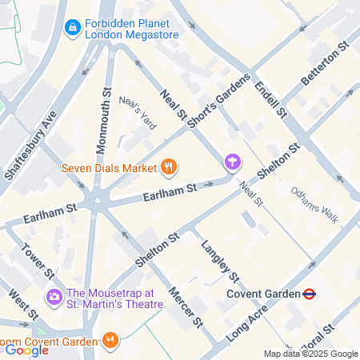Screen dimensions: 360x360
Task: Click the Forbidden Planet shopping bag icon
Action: coord(73,28)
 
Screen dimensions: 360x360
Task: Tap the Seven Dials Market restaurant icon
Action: coord(168,167)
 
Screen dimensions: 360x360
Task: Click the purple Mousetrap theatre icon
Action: coord(54,298)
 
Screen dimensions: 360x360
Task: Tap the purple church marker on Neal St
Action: coord(232,162)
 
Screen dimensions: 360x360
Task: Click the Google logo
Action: coord(26,350)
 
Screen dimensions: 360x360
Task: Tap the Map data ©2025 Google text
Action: coord(310,354)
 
